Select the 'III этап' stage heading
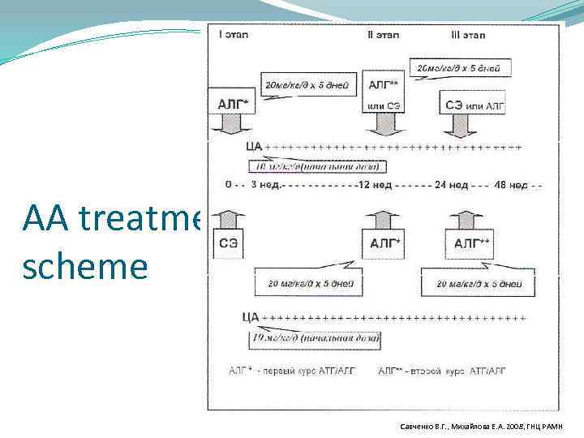pos(468,35)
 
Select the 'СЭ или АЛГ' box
pos(474,104)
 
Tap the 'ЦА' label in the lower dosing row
pos(251,318)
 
